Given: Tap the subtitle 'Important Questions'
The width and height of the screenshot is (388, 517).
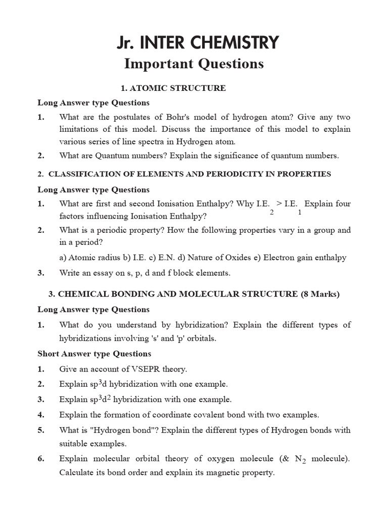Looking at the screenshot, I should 194,64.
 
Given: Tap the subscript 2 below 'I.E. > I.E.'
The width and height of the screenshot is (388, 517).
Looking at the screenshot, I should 272,213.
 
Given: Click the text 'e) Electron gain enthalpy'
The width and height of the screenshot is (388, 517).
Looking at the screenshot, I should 301,257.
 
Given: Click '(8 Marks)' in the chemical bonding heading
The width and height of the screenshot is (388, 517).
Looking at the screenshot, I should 320,294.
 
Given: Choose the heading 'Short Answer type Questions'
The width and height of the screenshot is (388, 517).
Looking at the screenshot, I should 94,354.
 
